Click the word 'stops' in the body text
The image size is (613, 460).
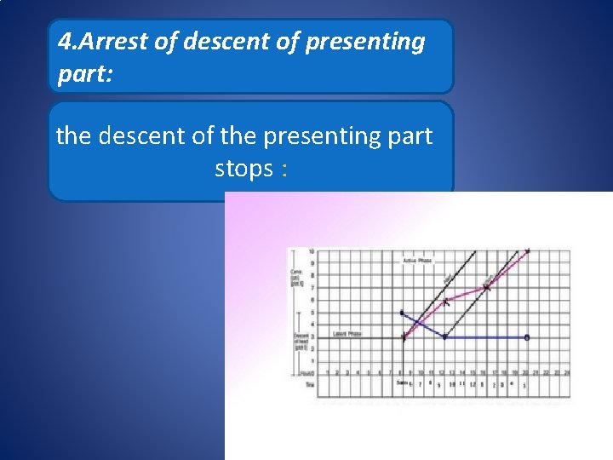click(x=243, y=169)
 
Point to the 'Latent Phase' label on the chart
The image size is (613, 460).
click(x=347, y=333)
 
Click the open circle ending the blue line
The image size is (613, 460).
click(x=527, y=337)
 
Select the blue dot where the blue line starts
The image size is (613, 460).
click(x=402, y=313)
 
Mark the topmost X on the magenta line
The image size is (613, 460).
click(x=528, y=251)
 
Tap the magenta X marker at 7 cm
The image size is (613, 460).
click(x=487, y=288)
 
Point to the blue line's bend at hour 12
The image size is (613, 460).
click(x=445, y=337)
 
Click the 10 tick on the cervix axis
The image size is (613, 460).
click(x=312, y=252)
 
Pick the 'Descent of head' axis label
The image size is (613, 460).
click(x=300, y=341)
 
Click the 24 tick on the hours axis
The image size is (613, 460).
click(x=566, y=373)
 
